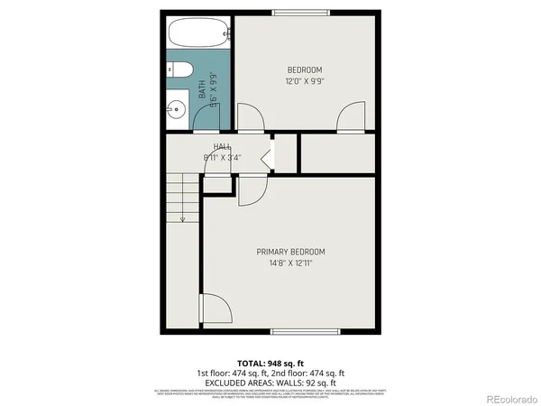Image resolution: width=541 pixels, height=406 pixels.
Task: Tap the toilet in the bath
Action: coord(179,70)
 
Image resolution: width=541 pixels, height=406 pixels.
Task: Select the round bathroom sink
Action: coord(176,111)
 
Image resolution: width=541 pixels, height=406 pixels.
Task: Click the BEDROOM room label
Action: coord(304,70)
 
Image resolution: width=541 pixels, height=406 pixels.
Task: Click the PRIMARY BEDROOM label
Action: coord(290,252)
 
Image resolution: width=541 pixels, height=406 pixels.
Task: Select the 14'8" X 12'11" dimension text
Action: coord(290,263)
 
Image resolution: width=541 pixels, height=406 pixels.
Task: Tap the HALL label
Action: coord(222,146)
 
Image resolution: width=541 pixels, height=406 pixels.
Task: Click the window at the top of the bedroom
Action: coord(301,12)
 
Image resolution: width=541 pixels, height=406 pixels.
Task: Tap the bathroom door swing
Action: coord(246,117)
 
